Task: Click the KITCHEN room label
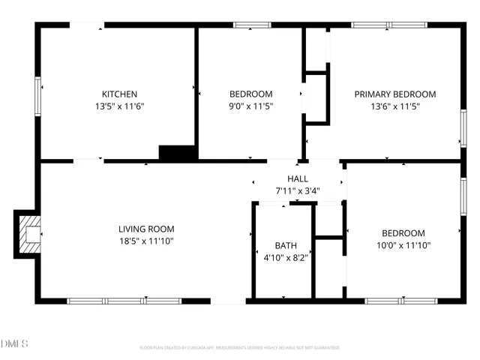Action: pyautogui.click(x=120, y=94)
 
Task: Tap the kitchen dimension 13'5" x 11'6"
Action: pyautogui.click(x=120, y=106)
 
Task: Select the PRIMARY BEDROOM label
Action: pyautogui.click(x=395, y=94)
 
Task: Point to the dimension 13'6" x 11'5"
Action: pyautogui.click(x=395, y=106)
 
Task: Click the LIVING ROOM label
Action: pyautogui.click(x=146, y=229)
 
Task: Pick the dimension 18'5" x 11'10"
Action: pyautogui.click(x=146, y=241)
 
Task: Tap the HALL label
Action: pyautogui.click(x=298, y=178)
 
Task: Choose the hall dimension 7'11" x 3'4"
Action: pyautogui.click(x=298, y=190)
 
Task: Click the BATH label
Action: pyautogui.click(x=286, y=245)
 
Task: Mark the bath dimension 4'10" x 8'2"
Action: pyautogui.click(x=286, y=257)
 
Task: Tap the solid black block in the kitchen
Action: pyautogui.click(x=178, y=152)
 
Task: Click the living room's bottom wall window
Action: pyautogui.click(x=124, y=301)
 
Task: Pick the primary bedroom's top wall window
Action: pyautogui.click(x=389, y=25)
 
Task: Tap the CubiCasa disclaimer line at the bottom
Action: pyautogui.click(x=240, y=348)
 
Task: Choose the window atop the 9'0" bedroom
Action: pyautogui.click(x=253, y=25)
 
